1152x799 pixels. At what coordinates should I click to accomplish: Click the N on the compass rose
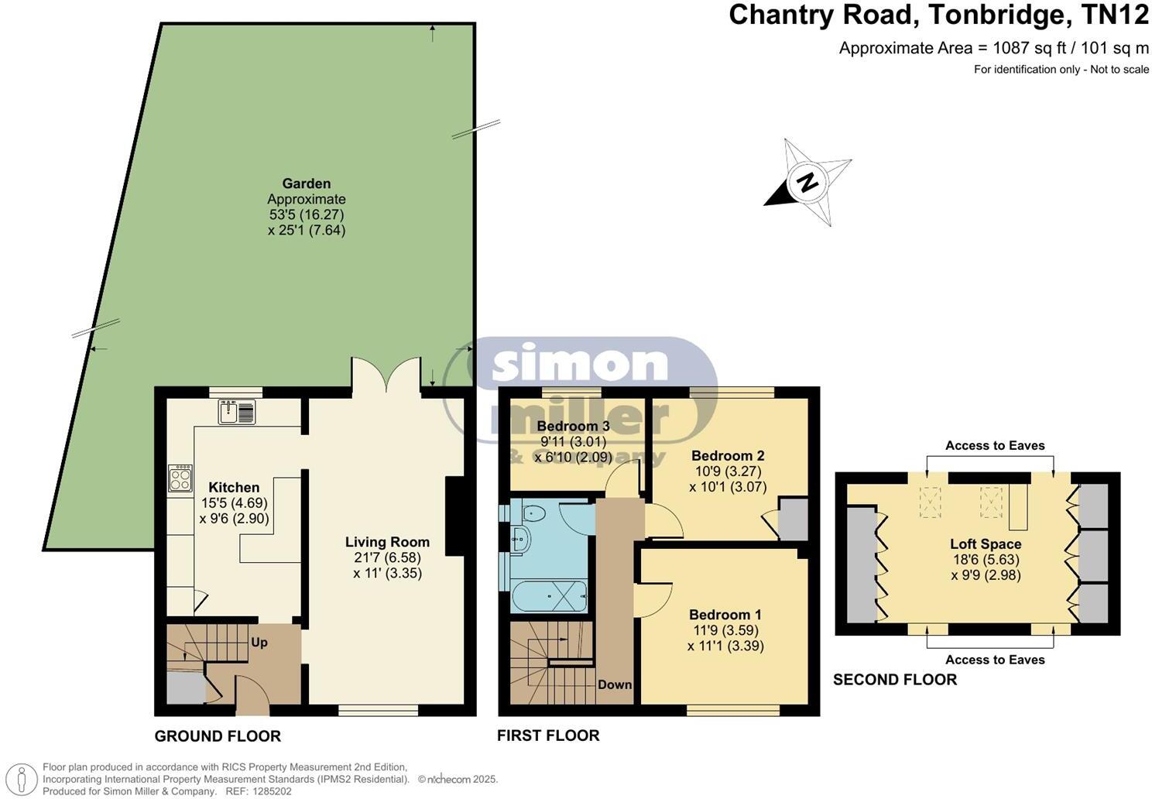[807, 182]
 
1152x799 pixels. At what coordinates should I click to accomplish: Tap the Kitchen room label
[234, 487]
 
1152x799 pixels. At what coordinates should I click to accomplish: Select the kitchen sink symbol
[237, 411]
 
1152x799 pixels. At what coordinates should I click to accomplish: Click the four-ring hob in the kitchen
[180, 478]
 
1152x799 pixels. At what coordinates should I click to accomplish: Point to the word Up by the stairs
[259, 643]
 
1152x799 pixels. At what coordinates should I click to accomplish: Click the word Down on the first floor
[615, 685]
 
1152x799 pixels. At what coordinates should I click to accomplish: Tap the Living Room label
[387, 542]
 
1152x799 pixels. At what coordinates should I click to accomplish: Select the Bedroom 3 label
[574, 427]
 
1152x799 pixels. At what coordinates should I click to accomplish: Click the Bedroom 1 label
[725, 615]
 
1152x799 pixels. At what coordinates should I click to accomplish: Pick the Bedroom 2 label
[728, 455]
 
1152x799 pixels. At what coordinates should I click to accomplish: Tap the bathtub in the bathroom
[549, 596]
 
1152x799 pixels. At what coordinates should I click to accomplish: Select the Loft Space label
[986, 544]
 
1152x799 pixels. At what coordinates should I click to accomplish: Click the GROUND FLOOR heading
[218, 736]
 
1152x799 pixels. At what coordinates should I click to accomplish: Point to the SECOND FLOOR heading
[895, 680]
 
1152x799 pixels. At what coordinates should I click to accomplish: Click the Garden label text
[307, 183]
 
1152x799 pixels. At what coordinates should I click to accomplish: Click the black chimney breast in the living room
[454, 516]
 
